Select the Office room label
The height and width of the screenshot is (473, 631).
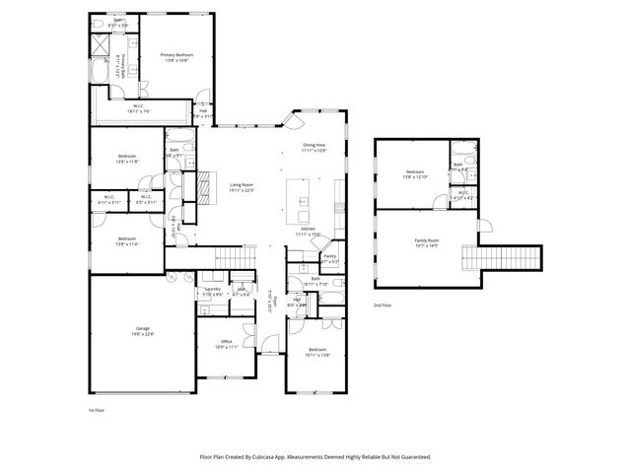pos(226,343)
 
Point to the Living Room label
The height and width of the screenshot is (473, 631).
pos(243,185)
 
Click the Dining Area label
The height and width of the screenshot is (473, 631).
pos(314,146)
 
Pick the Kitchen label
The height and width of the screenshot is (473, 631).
pos(308,229)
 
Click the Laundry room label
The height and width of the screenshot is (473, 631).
pos(213,290)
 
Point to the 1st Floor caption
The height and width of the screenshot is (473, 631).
pos(96,409)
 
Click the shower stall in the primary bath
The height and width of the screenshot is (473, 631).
pos(102,43)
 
